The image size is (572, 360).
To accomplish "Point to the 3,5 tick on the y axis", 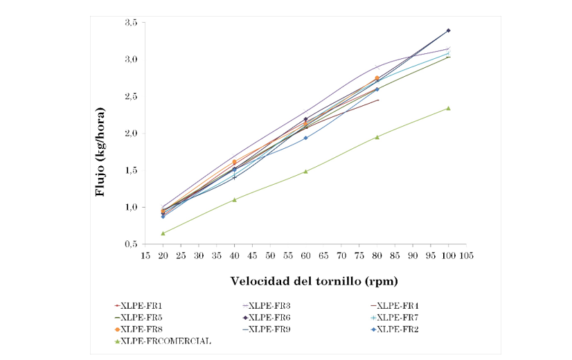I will coord(129,23).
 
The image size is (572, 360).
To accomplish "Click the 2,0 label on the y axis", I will coord(129,134).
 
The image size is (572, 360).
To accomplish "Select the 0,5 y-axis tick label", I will coord(129,244).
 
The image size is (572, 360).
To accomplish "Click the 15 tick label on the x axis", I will coord(145,255).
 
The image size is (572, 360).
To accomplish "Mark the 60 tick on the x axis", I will coord(305,255).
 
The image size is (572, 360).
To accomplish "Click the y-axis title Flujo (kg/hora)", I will coord(100,152).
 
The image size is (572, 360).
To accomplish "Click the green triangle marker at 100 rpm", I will coord(448,108).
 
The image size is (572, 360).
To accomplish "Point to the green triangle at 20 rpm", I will coord(163,233).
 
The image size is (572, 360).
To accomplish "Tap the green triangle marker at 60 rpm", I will coord(305,171).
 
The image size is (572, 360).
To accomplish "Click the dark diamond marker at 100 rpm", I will coord(448,30).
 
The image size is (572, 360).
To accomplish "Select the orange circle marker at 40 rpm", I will coord(234,162).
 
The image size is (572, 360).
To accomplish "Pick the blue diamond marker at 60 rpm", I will coord(305,138).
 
